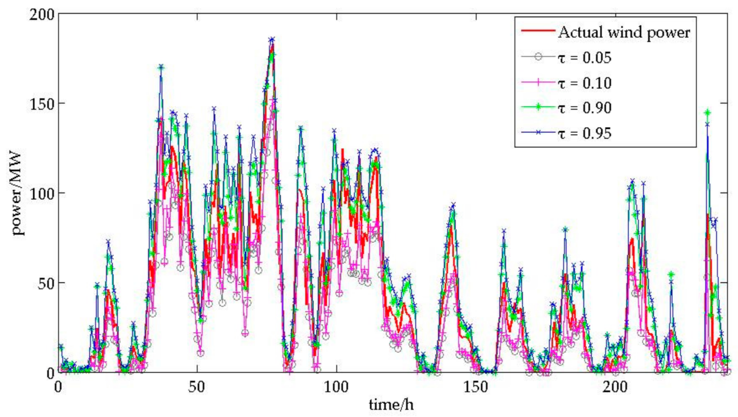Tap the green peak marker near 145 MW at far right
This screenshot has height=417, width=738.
708,113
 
